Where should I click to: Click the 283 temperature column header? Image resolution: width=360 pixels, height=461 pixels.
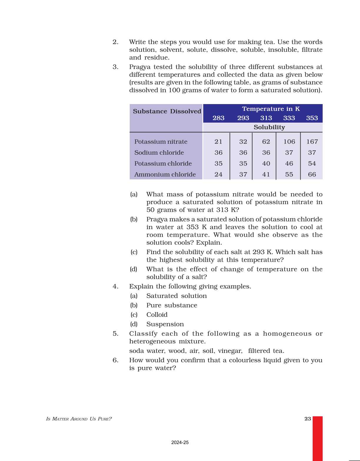(x=218, y=118)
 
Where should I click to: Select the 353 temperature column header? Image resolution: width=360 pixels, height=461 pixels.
(x=312, y=118)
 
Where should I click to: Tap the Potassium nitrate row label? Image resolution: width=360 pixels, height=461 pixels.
(x=161, y=142)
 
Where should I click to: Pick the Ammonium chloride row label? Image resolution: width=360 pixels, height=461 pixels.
(x=165, y=174)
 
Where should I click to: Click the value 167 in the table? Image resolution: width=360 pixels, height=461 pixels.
(x=312, y=142)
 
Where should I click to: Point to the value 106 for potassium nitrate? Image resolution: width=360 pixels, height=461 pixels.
(x=289, y=142)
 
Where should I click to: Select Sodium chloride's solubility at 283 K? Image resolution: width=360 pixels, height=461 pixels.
(x=218, y=153)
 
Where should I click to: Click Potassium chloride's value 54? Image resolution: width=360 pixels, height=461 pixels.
(x=312, y=163)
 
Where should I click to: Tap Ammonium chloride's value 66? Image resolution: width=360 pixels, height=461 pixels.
(x=312, y=174)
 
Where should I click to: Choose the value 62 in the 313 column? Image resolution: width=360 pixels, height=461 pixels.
(x=266, y=142)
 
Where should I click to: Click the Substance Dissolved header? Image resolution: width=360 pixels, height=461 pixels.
(x=167, y=111)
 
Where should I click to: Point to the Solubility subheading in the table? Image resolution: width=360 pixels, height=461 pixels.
(x=269, y=127)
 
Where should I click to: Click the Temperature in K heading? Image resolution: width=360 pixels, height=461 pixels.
(x=271, y=109)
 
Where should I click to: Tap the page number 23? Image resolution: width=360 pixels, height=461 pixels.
(x=308, y=419)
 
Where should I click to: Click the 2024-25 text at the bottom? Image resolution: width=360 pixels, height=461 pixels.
(x=180, y=442)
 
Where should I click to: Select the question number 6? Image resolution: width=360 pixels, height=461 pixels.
(x=115, y=360)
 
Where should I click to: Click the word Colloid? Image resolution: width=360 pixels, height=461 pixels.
(x=157, y=315)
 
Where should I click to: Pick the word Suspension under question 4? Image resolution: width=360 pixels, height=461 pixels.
(x=165, y=324)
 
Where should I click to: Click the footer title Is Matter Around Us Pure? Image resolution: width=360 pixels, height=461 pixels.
(x=79, y=419)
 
